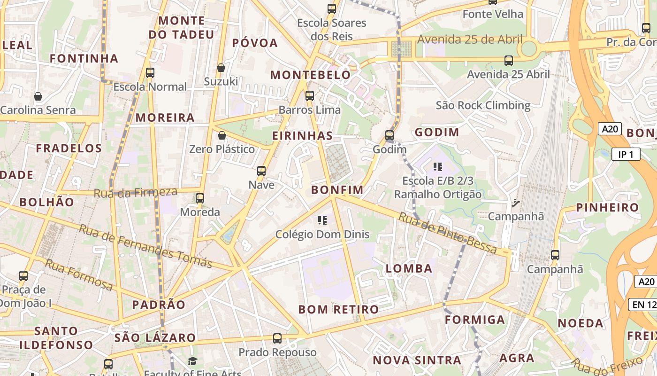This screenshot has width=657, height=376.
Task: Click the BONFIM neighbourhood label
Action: (x=337, y=190)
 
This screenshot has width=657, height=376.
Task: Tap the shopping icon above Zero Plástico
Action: (x=222, y=136)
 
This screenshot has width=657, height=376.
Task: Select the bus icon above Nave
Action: (x=261, y=171)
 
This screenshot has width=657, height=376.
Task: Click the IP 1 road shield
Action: (x=626, y=154)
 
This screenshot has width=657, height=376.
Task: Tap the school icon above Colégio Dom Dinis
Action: (x=322, y=220)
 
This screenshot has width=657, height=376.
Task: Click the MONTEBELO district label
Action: (x=310, y=75)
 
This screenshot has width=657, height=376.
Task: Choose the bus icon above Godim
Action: (x=390, y=135)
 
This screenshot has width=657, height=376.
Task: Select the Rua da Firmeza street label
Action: (x=136, y=192)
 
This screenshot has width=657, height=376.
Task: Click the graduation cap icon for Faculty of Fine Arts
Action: (x=192, y=361)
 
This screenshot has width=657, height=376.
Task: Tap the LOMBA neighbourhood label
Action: (x=409, y=268)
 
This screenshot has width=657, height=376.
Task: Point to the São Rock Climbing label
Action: (x=483, y=105)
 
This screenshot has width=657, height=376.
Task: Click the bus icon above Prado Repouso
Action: (x=277, y=338)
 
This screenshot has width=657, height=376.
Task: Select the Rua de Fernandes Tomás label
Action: (x=145, y=246)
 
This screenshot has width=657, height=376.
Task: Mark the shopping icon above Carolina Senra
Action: (x=38, y=97)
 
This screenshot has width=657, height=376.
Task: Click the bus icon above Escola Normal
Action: (x=150, y=73)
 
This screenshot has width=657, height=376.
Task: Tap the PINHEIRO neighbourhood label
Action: (x=607, y=207)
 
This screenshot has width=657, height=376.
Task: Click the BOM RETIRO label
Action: (x=338, y=309)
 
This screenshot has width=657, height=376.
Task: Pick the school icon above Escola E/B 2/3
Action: (x=438, y=166)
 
